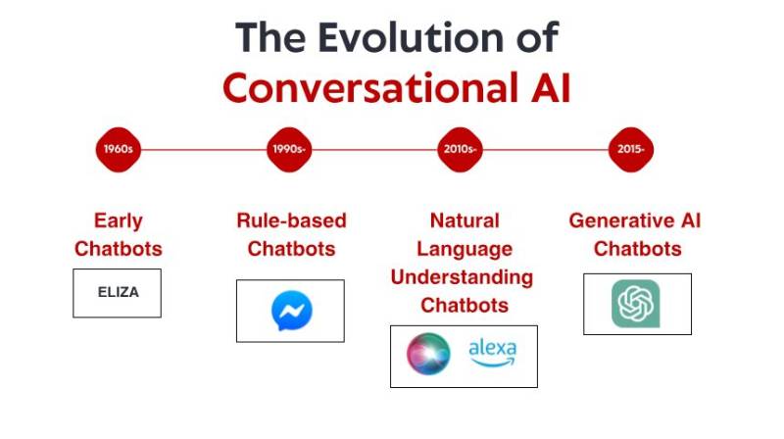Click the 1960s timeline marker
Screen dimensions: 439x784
119,150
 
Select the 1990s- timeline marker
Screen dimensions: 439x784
290,150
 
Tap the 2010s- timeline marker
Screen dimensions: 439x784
460,150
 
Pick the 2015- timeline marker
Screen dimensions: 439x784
630,150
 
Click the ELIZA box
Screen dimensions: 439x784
117,292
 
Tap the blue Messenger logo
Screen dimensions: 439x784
291,311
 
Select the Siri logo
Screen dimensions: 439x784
428,355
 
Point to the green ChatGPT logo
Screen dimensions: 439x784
636,304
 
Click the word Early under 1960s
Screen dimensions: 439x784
118,220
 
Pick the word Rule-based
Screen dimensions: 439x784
291,220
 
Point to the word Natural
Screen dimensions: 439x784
465,220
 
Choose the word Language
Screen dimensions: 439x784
465,249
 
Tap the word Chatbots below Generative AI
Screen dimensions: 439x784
637,249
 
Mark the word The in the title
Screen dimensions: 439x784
270,38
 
